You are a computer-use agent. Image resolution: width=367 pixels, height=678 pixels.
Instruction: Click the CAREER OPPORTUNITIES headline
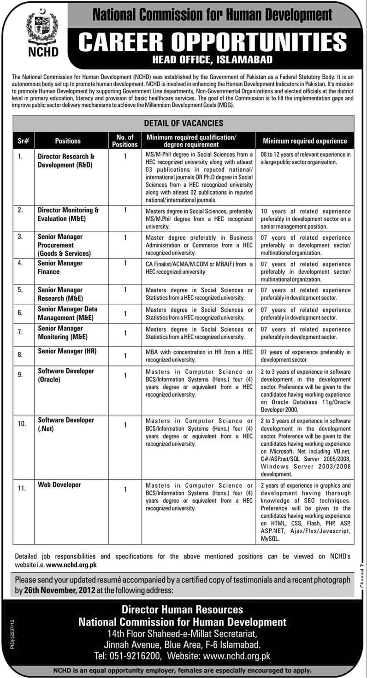pyautogui.click(x=212, y=42)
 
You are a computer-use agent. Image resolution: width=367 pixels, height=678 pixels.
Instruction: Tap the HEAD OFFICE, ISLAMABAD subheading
pyautogui.click(x=213, y=59)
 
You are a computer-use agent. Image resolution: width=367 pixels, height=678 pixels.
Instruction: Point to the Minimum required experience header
pyautogui.click(x=305, y=141)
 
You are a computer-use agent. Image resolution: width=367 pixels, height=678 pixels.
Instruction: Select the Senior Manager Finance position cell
pyautogui.click(x=60, y=267)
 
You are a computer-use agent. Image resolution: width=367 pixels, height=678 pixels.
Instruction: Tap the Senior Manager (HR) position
pyautogui.click(x=67, y=352)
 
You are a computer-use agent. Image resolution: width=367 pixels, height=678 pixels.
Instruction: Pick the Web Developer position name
pyautogui.click(x=59, y=484)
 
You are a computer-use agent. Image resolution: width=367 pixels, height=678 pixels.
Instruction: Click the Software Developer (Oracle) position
pyautogui.click(x=66, y=375)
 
